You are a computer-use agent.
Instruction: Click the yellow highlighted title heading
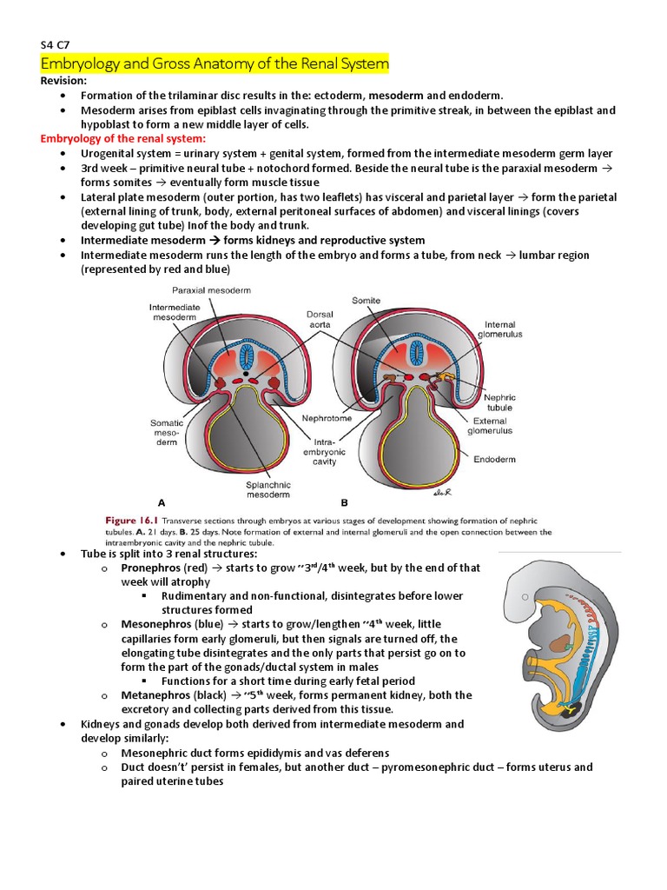tap(215, 64)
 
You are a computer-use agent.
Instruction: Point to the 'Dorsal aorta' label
tap(320, 320)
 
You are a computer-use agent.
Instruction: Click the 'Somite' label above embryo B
tap(366, 300)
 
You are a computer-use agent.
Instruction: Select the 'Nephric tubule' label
tap(499, 402)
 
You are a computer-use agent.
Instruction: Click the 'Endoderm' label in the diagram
tap(495, 459)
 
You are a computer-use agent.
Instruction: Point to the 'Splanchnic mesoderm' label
tap(268, 490)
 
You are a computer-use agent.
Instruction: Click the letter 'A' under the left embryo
tap(162, 502)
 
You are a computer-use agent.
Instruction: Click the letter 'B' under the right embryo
tap(345, 502)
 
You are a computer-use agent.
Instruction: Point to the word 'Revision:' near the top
tap(64, 81)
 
